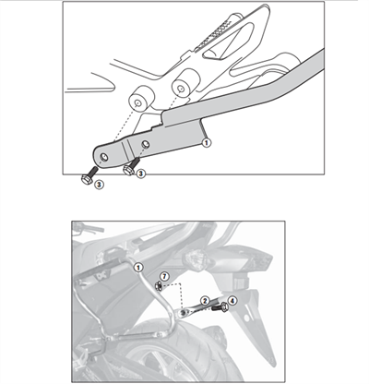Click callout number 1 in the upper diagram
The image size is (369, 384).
(207, 142)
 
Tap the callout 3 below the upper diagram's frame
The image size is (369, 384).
(99, 185)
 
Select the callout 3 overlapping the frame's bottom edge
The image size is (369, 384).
(140, 174)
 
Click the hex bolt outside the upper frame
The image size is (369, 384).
(89, 174)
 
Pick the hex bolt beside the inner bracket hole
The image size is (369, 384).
(131, 166)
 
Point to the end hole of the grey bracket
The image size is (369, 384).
(104, 157)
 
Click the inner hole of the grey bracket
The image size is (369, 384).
(146, 144)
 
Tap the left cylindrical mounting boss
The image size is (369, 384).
(140, 99)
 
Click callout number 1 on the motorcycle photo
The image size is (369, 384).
(138, 268)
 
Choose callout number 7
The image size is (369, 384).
(164, 276)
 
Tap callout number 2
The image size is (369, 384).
(205, 301)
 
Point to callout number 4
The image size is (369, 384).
(232, 300)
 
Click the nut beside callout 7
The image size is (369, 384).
(159, 286)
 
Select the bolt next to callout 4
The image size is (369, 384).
(220, 307)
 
